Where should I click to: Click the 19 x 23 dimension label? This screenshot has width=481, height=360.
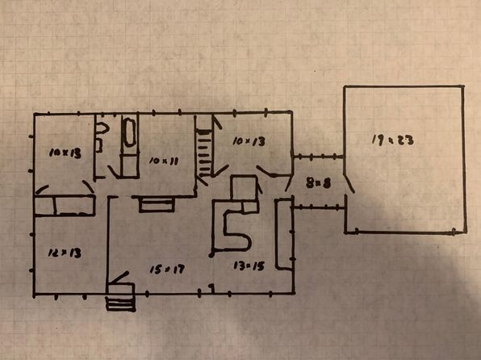click(x=393, y=140)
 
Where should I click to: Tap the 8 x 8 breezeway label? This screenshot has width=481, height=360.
click(x=318, y=183)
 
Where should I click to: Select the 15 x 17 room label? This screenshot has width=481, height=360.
click(x=167, y=270)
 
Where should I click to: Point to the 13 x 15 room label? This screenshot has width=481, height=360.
click(x=249, y=266)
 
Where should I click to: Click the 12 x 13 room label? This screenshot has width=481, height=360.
click(x=65, y=253)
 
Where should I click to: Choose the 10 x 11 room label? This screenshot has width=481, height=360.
click(x=164, y=161)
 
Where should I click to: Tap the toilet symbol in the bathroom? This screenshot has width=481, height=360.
click(x=102, y=128)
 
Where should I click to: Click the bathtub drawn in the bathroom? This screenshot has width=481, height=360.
click(x=129, y=132)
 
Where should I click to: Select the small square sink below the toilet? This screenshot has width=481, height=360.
click(x=98, y=145)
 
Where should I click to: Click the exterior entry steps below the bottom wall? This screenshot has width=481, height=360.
click(x=120, y=303)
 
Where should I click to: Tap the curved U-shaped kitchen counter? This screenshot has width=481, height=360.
click(x=232, y=226)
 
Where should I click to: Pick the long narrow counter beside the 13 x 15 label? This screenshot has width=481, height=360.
click(x=284, y=234)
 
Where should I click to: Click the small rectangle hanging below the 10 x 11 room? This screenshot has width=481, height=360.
click(x=157, y=205)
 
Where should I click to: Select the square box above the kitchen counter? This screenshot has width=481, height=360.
click(x=244, y=188)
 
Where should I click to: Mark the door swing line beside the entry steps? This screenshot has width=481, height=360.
click(x=119, y=278)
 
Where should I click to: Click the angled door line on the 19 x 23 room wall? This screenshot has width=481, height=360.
click(x=349, y=183)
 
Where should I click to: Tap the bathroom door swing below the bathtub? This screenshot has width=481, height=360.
click(x=113, y=172)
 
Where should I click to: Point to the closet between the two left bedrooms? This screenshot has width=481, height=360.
click(x=65, y=205)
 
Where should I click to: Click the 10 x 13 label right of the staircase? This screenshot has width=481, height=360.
click(x=249, y=141)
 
